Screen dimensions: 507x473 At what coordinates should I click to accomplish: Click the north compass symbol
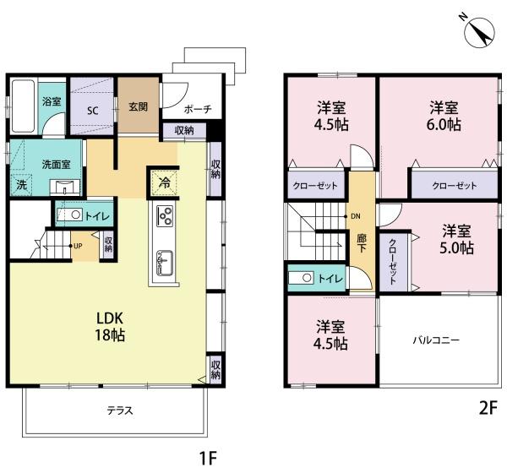point(479,32)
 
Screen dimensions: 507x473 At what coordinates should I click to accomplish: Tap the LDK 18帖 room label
point(110,327)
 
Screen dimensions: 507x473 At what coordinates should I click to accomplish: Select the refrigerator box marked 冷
point(164,183)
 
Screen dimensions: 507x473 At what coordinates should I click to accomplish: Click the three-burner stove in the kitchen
point(164,215)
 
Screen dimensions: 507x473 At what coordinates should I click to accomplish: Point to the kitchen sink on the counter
point(164,263)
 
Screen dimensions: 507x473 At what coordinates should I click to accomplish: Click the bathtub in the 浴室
point(23,106)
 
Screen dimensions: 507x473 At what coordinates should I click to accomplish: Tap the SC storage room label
point(92,111)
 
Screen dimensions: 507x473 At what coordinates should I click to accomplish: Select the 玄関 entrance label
point(138,106)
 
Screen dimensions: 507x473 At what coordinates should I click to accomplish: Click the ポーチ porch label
point(198,109)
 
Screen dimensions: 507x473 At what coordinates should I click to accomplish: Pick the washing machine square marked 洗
point(21,185)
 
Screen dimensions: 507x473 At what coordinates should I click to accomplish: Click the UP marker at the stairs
point(78,246)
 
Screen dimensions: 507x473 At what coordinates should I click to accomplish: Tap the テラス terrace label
point(120,410)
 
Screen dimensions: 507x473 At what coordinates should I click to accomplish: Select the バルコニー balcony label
point(436,340)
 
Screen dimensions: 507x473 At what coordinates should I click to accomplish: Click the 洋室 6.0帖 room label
point(444,116)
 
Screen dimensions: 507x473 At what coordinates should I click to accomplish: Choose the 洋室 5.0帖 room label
point(456,239)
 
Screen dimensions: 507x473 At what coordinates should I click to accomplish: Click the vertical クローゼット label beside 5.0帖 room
point(393,262)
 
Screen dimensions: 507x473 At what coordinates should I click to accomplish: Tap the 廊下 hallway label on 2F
point(362,242)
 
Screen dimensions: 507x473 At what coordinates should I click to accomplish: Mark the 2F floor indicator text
point(488,409)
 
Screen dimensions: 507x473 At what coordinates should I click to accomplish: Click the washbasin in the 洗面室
point(65,188)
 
